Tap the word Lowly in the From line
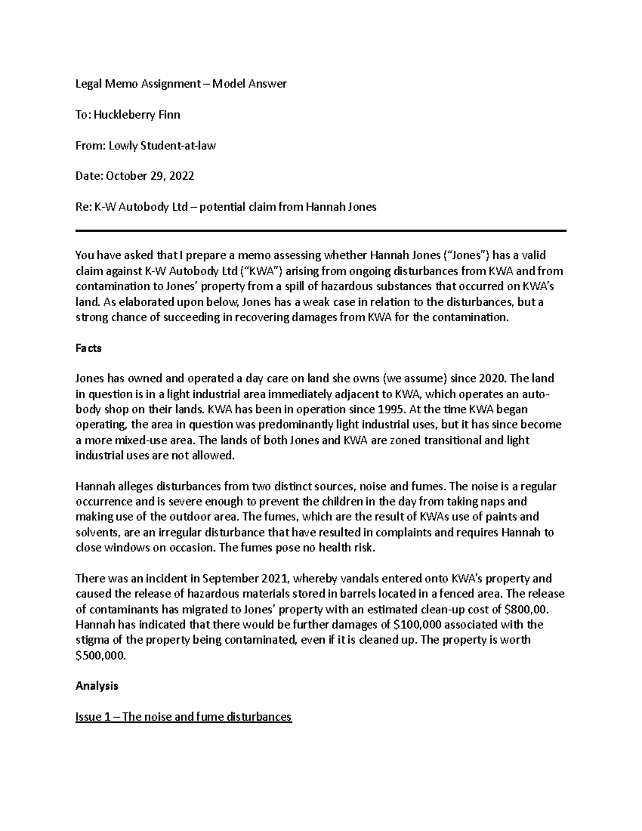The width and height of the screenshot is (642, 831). pos(123,145)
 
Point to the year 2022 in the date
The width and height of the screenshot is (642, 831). pos(181,176)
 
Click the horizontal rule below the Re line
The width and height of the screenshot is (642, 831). pos(320,231)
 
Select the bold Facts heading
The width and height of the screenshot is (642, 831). pos(88,348)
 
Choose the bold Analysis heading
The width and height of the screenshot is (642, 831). pos(97,686)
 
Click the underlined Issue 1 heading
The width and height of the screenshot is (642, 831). pos(184,716)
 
